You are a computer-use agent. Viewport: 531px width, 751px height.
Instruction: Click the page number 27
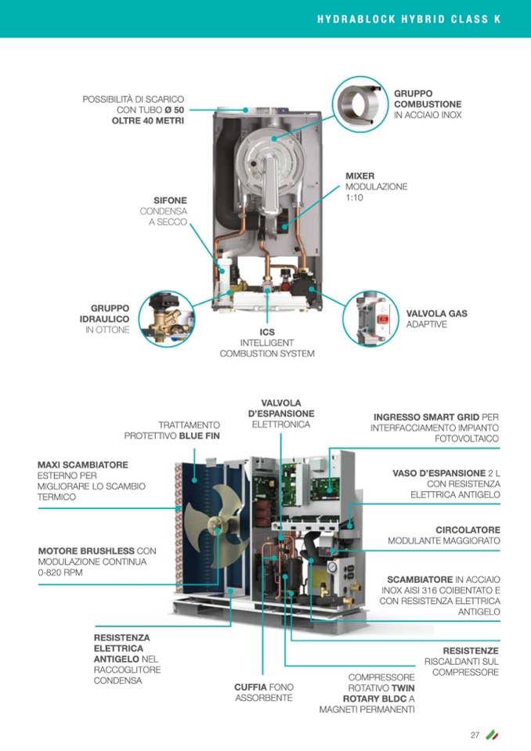point(475,735)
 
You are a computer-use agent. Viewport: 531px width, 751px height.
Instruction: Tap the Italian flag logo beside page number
point(493,735)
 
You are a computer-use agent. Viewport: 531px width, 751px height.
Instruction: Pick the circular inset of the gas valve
point(371,319)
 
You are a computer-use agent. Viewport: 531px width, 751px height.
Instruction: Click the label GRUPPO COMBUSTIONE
point(428,99)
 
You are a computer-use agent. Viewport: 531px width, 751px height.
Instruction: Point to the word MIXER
point(360,176)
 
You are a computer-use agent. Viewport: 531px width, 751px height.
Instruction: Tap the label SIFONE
point(170,200)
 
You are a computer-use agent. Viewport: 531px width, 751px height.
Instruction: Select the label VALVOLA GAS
point(436,313)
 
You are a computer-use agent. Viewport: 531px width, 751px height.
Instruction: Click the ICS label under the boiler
point(267,332)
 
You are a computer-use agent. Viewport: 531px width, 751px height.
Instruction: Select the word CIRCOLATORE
point(468,530)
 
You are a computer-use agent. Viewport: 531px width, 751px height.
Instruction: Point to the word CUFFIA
point(251,687)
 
